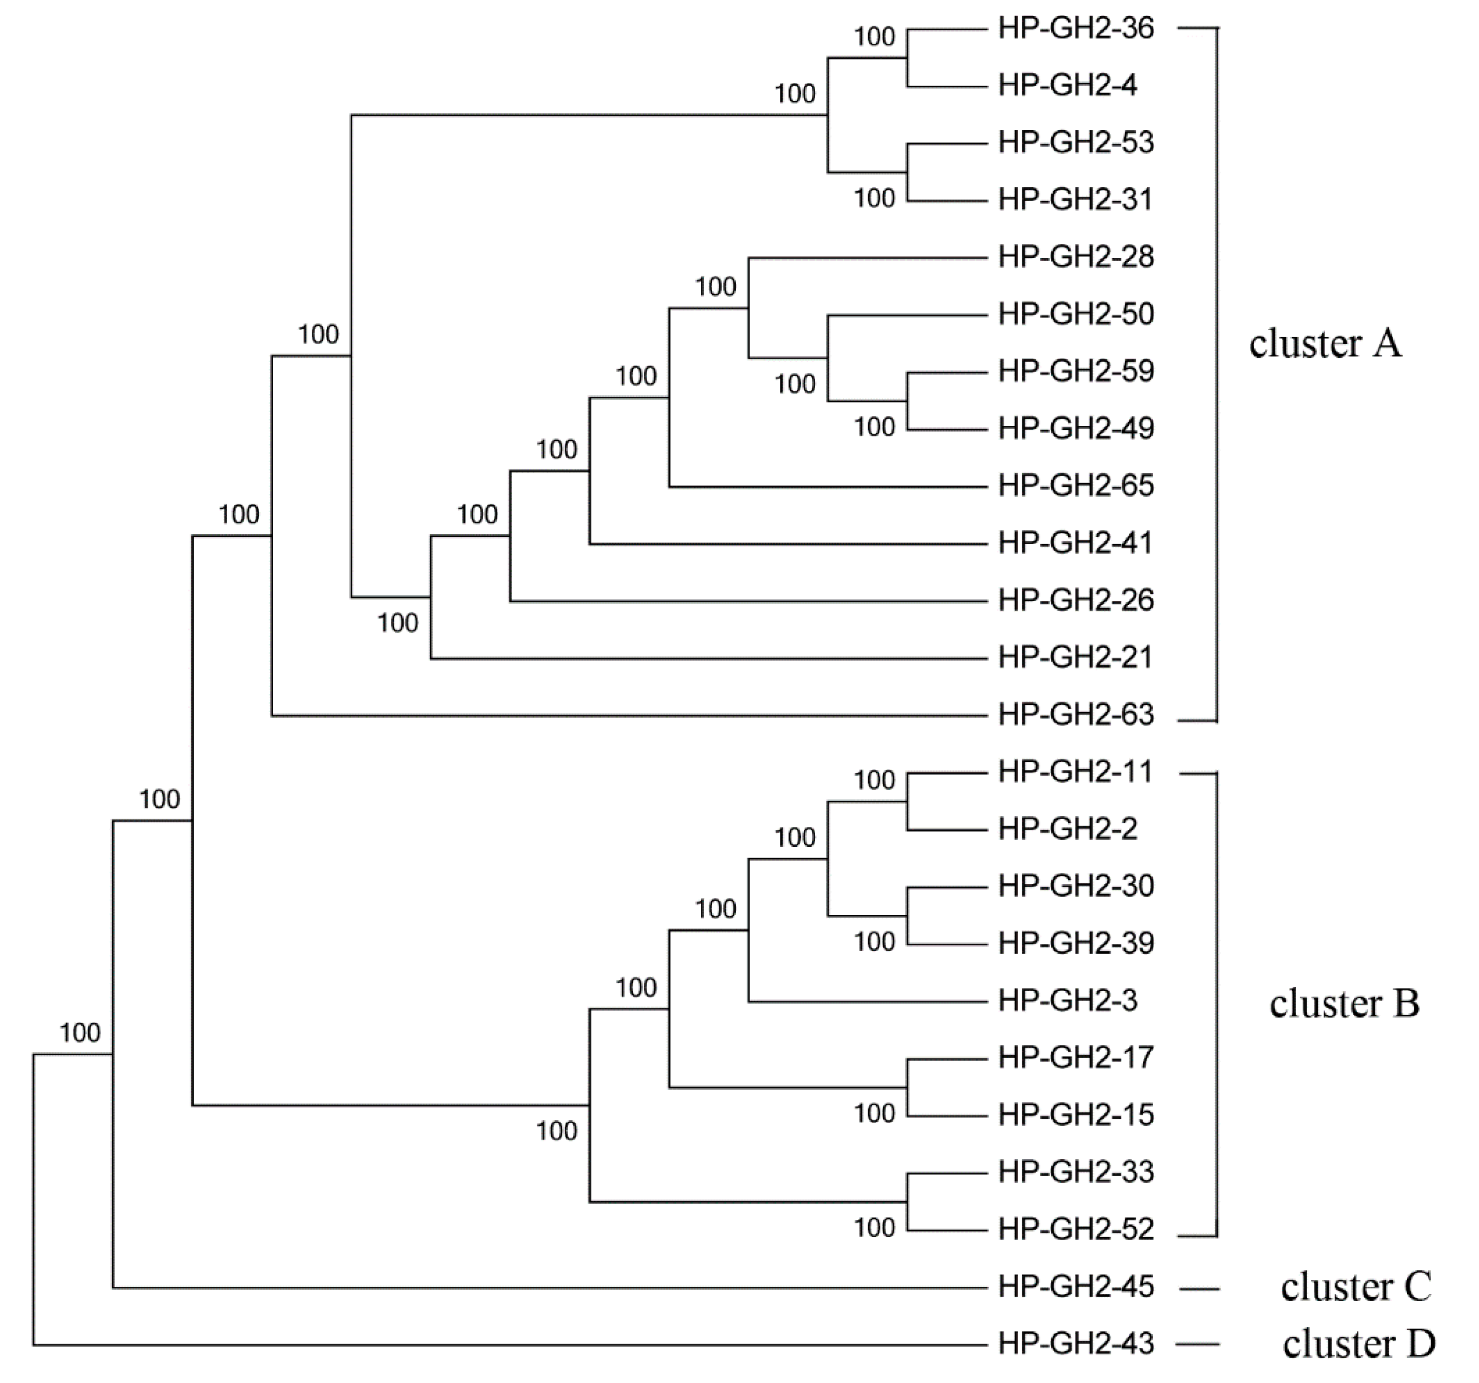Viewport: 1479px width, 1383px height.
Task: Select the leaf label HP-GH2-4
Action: tap(1067, 86)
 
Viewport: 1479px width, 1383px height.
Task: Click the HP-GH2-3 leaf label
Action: tap(1067, 1001)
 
